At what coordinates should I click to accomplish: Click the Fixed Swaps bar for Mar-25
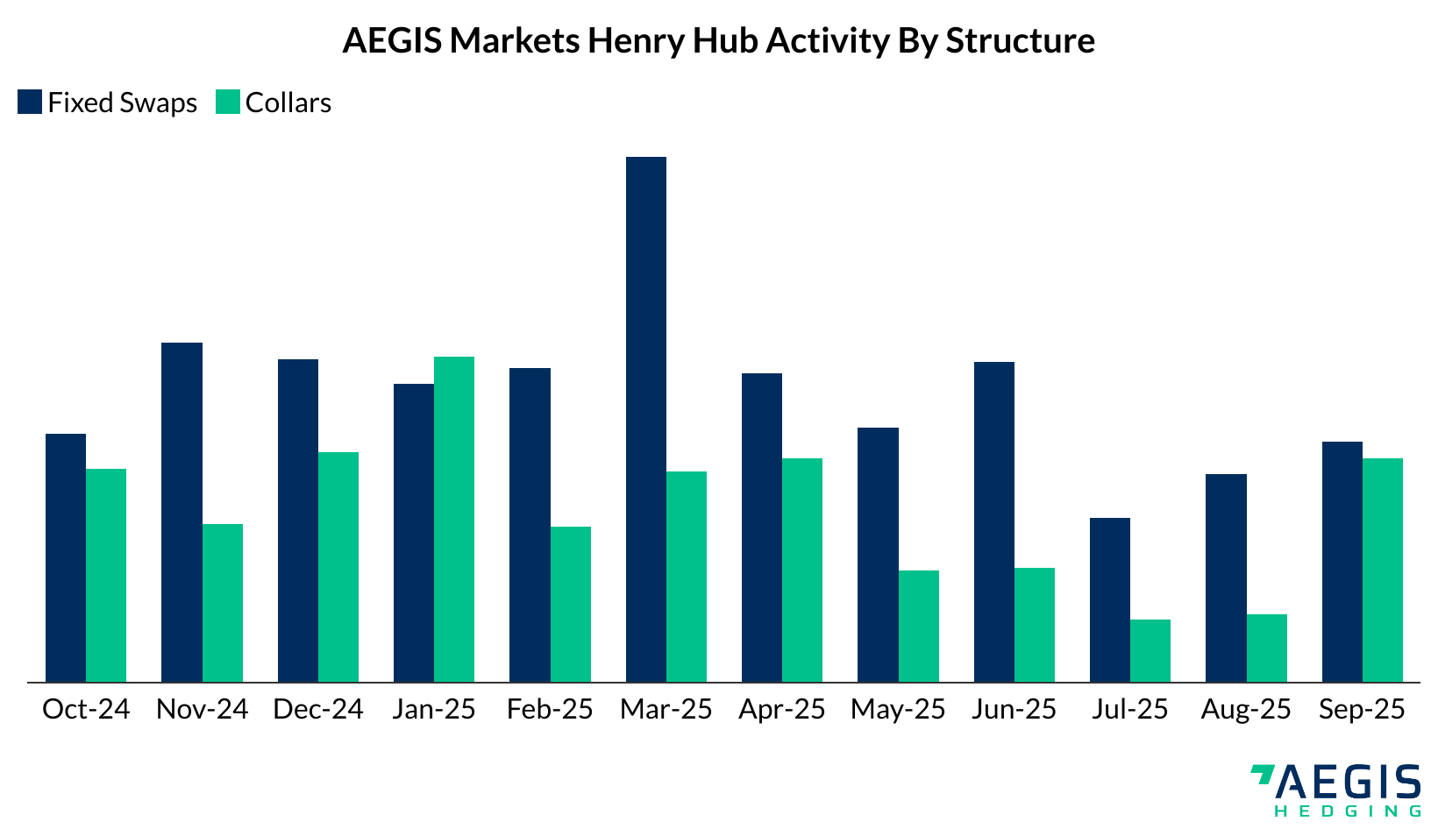[646, 419]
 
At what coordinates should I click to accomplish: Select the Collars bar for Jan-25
[454, 519]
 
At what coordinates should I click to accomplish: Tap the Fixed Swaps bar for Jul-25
[1110, 600]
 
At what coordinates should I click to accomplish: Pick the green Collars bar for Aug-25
[1267, 648]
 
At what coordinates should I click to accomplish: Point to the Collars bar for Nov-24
[223, 603]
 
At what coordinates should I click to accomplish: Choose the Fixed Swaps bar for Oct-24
[66, 557]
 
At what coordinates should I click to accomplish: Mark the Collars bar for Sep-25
[1383, 570]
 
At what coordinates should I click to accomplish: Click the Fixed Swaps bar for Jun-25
[994, 521]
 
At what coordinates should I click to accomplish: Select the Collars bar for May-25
[919, 627]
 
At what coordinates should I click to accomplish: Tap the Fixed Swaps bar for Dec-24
[298, 521]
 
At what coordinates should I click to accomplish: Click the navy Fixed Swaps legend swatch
[30, 102]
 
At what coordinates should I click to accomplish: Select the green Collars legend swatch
[227, 102]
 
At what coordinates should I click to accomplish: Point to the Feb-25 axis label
[550, 709]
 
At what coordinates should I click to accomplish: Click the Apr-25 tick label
[782, 710]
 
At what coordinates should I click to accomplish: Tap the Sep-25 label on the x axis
[1363, 710]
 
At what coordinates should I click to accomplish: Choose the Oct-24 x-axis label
[86, 709]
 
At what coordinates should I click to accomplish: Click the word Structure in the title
[1020, 40]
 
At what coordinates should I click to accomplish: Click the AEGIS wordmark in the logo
[1347, 783]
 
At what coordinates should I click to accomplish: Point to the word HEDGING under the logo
[1348, 811]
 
